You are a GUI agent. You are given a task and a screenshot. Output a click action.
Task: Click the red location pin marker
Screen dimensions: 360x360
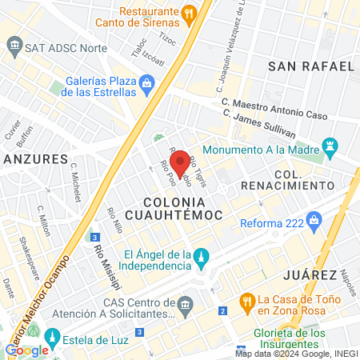(x=180, y=162)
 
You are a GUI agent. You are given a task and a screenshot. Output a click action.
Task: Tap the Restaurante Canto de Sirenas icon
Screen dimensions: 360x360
(x=189, y=13)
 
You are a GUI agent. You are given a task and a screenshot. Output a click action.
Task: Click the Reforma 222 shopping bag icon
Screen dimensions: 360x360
(x=318, y=218)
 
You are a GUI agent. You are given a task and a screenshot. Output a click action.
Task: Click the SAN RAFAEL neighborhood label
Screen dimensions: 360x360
(x=311, y=66)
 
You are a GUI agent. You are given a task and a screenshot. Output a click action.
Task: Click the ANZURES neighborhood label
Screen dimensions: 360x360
(x=33, y=158)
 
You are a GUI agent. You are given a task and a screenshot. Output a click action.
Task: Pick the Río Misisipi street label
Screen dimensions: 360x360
(x=102, y=257)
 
